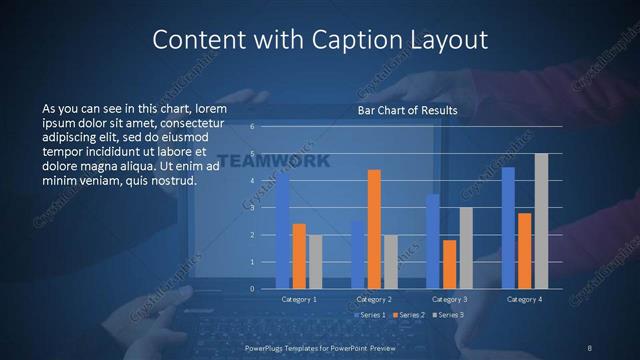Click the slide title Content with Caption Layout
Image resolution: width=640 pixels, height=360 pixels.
click(x=320, y=39)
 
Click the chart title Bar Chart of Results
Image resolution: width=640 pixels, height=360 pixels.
click(x=407, y=110)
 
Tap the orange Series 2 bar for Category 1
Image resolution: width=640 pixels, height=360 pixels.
click(x=299, y=256)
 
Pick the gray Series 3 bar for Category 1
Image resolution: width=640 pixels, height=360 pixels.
click(x=314, y=262)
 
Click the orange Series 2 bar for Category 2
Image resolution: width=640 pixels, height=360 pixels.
click(x=374, y=229)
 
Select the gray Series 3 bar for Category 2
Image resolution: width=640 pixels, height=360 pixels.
click(x=390, y=262)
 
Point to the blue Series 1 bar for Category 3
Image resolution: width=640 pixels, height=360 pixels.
click(x=433, y=241)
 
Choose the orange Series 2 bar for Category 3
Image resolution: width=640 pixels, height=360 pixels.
click(x=449, y=264)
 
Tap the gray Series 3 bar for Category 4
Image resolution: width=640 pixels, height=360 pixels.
click(x=541, y=221)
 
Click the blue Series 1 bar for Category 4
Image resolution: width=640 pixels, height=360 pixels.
click(x=508, y=228)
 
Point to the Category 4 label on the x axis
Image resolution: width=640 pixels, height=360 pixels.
click(x=524, y=299)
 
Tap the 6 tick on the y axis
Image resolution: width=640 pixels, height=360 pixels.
click(x=253, y=127)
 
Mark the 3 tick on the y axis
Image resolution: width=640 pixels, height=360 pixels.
click(x=253, y=208)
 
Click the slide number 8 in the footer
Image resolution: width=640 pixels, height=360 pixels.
click(x=589, y=347)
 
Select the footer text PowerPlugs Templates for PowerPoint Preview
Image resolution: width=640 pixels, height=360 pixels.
click(x=319, y=347)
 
